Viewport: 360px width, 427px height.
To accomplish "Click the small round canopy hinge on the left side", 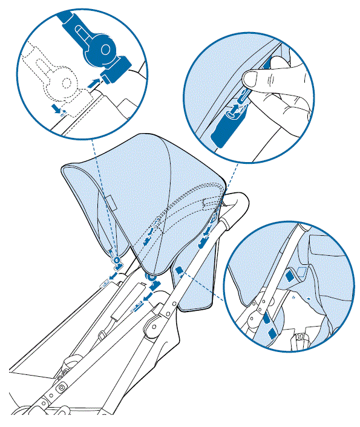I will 116,261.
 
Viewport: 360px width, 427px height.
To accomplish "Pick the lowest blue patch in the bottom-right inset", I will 270,332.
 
